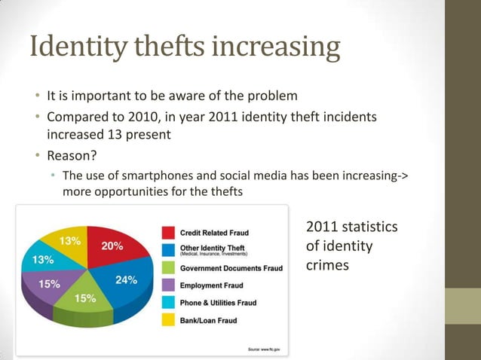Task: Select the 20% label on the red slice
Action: coord(112,246)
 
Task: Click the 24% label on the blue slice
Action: coord(126,279)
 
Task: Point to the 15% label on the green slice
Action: coord(84,298)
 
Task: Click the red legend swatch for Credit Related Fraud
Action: coord(167,232)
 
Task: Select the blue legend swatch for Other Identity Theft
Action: coord(167,249)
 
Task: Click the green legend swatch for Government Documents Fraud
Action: coord(167,267)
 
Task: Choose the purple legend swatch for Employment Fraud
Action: coord(167,285)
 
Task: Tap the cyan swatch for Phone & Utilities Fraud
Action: coord(167,303)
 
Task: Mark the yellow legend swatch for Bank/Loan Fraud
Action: coord(167,321)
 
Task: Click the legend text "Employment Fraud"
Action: coord(213,285)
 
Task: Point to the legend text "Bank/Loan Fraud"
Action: coord(208,321)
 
